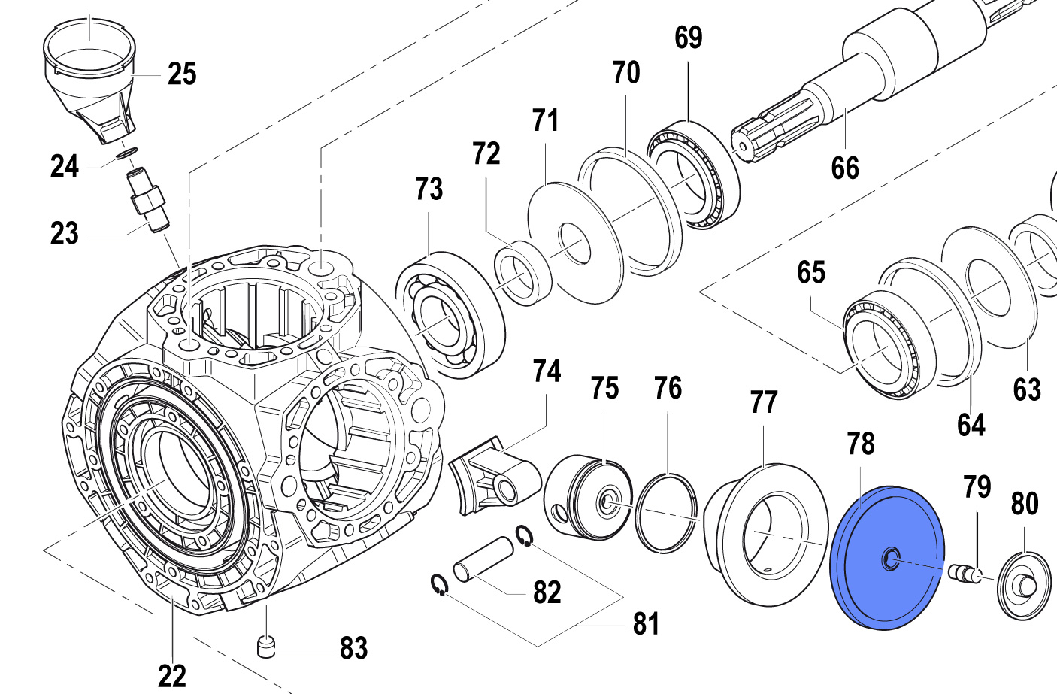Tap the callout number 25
click(182, 74)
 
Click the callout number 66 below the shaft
click(845, 168)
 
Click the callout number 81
click(646, 623)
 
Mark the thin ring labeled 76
click(667, 514)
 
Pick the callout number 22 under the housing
click(171, 676)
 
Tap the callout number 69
click(688, 38)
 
